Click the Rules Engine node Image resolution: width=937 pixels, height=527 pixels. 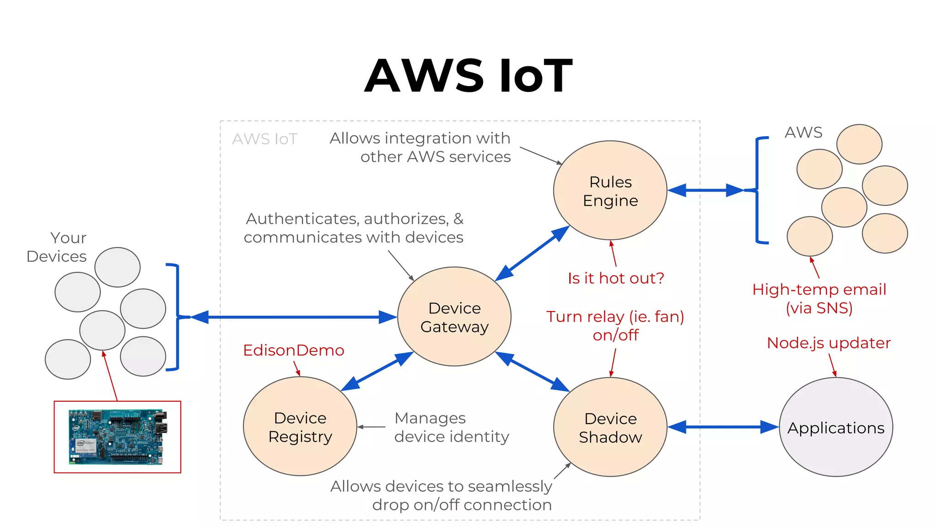(x=610, y=191)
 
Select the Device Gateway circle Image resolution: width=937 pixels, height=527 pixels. (x=454, y=317)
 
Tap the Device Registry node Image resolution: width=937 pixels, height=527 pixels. (x=300, y=427)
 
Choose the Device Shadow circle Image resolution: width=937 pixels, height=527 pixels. (x=610, y=427)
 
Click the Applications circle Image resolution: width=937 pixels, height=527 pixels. (x=835, y=427)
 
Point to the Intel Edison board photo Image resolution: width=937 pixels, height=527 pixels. (x=118, y=437)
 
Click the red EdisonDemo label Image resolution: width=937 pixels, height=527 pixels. (x=293, y=350)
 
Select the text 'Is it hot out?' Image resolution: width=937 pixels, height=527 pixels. (x=615, y=278)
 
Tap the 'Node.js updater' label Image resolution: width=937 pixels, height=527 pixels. (x=828, y=343)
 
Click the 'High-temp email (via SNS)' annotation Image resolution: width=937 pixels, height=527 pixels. (x=819, y=298)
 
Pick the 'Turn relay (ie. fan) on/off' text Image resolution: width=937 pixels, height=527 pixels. (x=615, y=325)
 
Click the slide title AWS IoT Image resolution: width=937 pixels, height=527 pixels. (x=468, y=75)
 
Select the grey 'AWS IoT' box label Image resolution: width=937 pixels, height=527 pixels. (x=264, y=139)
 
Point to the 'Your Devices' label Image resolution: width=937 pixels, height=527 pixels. (x=57, y=247)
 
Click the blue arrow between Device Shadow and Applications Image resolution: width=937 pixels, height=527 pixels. (x=723, y=427)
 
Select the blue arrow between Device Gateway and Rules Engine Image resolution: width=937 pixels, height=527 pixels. (x=532, y=253)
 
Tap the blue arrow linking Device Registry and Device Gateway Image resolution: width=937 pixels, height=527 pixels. (x=377, y=371)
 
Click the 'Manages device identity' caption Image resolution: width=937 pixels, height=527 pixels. (x=451, y=427)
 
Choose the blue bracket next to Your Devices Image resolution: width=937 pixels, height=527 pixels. (x=177, y=317)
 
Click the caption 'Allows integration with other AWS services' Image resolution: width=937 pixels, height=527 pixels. (x=420, y=147)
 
